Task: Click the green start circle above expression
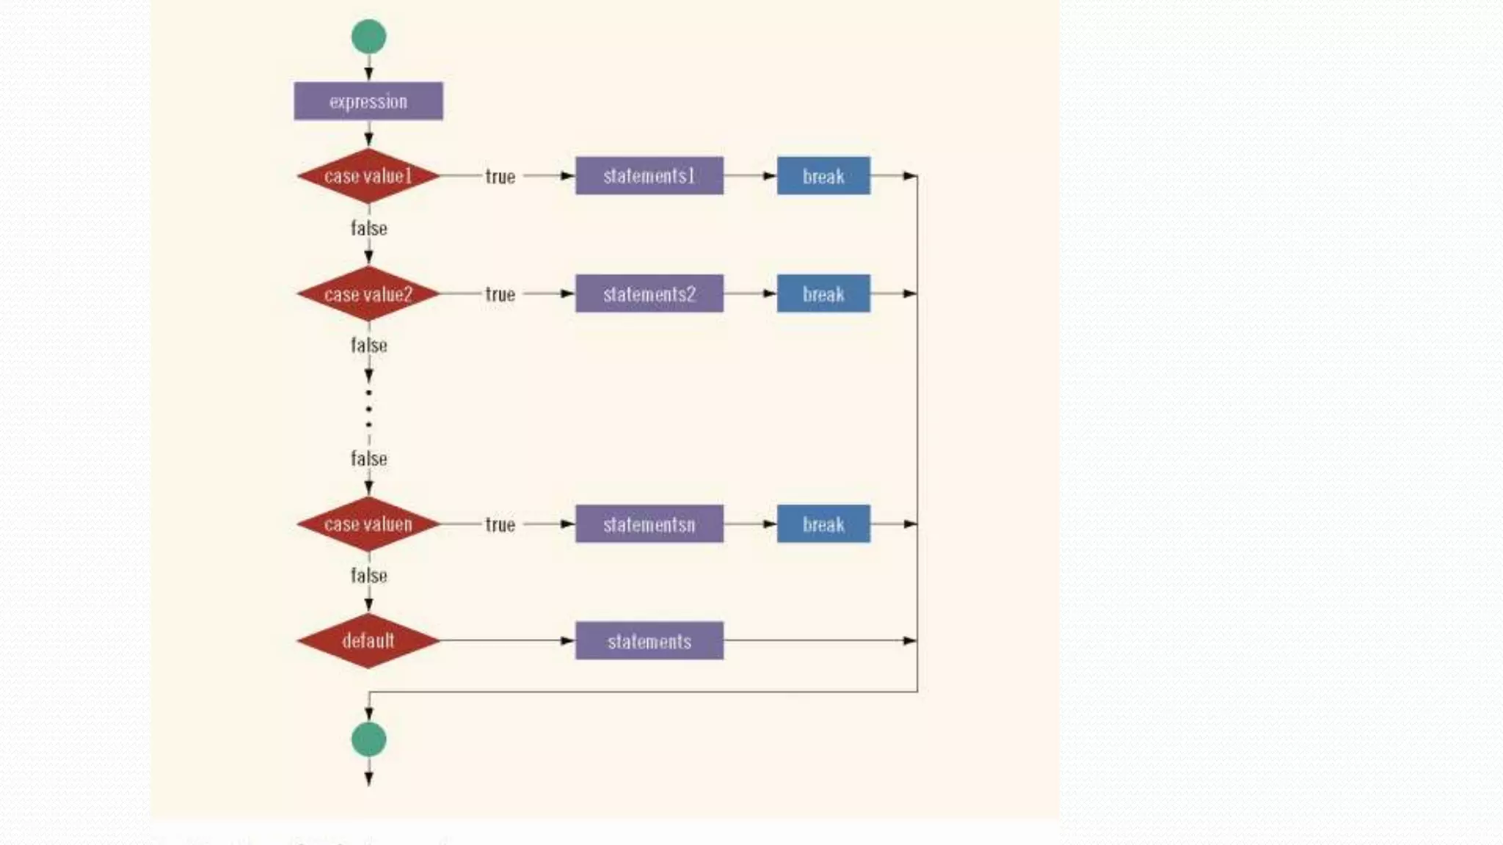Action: pyautogui.click(x=368, y=37)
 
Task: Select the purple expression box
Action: pyautogui.click(x=368, y=101)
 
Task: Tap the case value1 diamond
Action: pyautogui.click(x=368, y=176)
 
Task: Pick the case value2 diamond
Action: pyautogui.click(x=368, y=294)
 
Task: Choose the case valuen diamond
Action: pyautogui.click(x=368, y=524)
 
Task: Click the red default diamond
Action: pyautogui.click(x=368, y=640)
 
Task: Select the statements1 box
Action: pyautogui.click(x=649, y=176)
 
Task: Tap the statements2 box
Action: pyautogui.click(x=649, y=294)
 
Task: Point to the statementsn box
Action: pyautogui.click(x=649, y=524)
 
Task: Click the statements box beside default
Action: pyautogui.click(x=649, y=641)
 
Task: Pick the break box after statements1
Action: pyautogui.click(x=823, y=176)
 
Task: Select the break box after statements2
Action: pyautogui.click(x=823, y=294)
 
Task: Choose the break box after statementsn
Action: pyautogui.click(x=823, y=524)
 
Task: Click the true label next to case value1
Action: pyautogui.click(x=500, y=177)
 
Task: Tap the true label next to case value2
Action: pyautogui.click(x=500, y=294)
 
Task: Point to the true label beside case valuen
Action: pyautogui.click(x=500, y=524)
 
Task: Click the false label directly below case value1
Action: pyautogui.click(x=368, y=228)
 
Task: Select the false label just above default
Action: pyautogui.click(x=368, y=575)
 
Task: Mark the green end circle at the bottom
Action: pyautogui.click(x=368, y=739)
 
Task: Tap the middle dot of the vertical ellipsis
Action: pyautogui.click(x=368, y=409)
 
